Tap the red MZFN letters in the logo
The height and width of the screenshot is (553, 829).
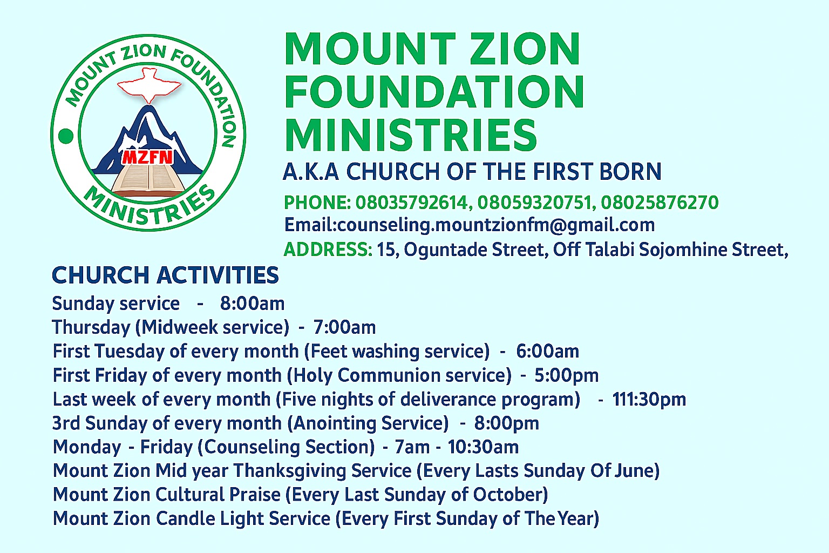148,157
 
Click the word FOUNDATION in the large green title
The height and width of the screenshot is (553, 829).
434,91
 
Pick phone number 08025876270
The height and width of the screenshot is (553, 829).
660,202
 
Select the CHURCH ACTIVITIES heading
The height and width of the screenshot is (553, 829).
166,275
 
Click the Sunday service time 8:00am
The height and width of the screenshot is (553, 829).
253,304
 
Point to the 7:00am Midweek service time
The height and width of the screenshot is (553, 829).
344,327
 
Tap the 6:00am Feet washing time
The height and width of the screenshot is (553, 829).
548,351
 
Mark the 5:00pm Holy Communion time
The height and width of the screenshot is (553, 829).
566,376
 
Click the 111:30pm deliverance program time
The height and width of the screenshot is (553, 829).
649,400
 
